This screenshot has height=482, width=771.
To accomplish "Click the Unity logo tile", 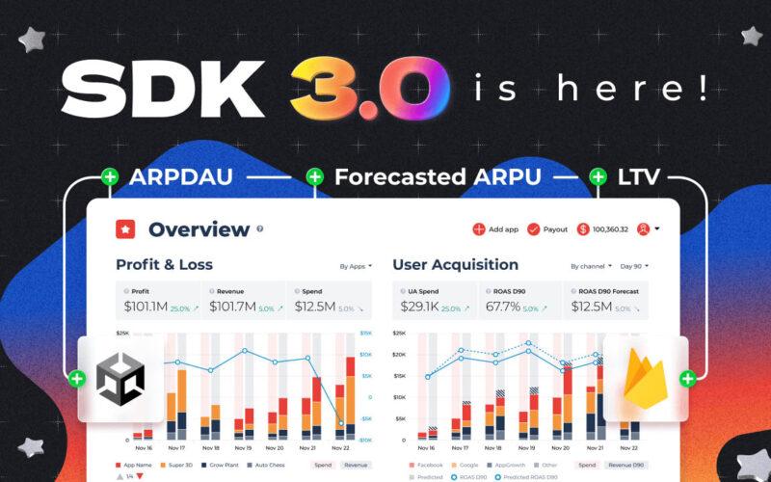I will [120, 379].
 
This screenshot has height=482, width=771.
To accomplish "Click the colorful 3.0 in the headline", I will [365, 87].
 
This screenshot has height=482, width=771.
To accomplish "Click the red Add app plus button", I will [479, 229].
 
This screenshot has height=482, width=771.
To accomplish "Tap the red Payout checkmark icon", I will [534, 229].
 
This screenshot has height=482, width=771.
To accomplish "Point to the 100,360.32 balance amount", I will [611, 229].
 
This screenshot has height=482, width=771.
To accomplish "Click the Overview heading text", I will [199, 229].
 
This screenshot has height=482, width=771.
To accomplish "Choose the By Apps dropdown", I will [356, 266].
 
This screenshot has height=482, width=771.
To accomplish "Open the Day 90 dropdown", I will [634, 266].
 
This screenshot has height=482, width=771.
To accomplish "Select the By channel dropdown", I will [589, 266].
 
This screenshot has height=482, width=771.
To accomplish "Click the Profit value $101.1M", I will [145, 307].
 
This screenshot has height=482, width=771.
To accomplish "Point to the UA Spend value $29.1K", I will [429, 307].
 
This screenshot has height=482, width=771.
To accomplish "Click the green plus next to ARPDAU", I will [110, 176].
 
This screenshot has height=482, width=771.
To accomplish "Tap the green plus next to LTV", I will [598, 176].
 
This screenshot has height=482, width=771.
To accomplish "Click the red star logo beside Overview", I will [126, 229].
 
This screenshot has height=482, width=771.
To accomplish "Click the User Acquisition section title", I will [455, 264].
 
